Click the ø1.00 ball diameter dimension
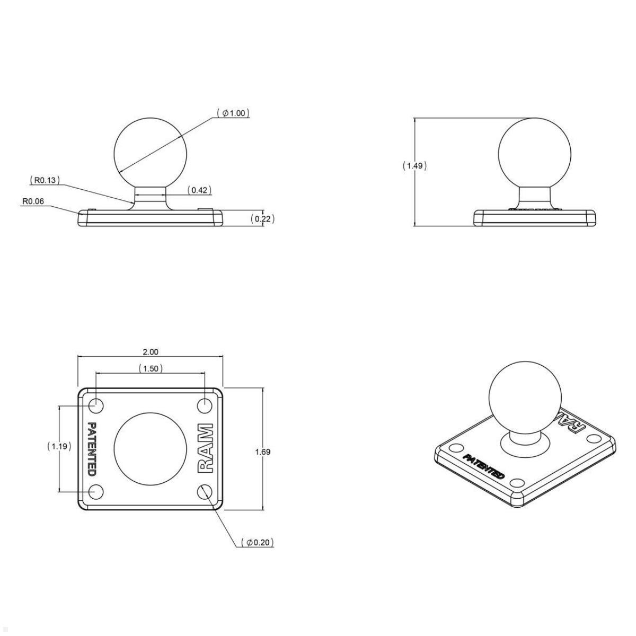point(233,113)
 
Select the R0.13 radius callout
point(45,181)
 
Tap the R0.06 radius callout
point(33,202)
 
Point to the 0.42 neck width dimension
point(200,190)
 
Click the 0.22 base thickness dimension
point(262,218)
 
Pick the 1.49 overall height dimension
point(414,166)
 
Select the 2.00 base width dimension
point(151,352)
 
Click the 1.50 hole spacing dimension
point(151,368)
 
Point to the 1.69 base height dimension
point(262,452)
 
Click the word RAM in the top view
point(206,448)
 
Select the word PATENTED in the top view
point(91,448)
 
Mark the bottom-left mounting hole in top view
point(96,492)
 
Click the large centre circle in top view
point(150,448)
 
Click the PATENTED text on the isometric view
point(483,466)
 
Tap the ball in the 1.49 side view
point(535,154)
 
